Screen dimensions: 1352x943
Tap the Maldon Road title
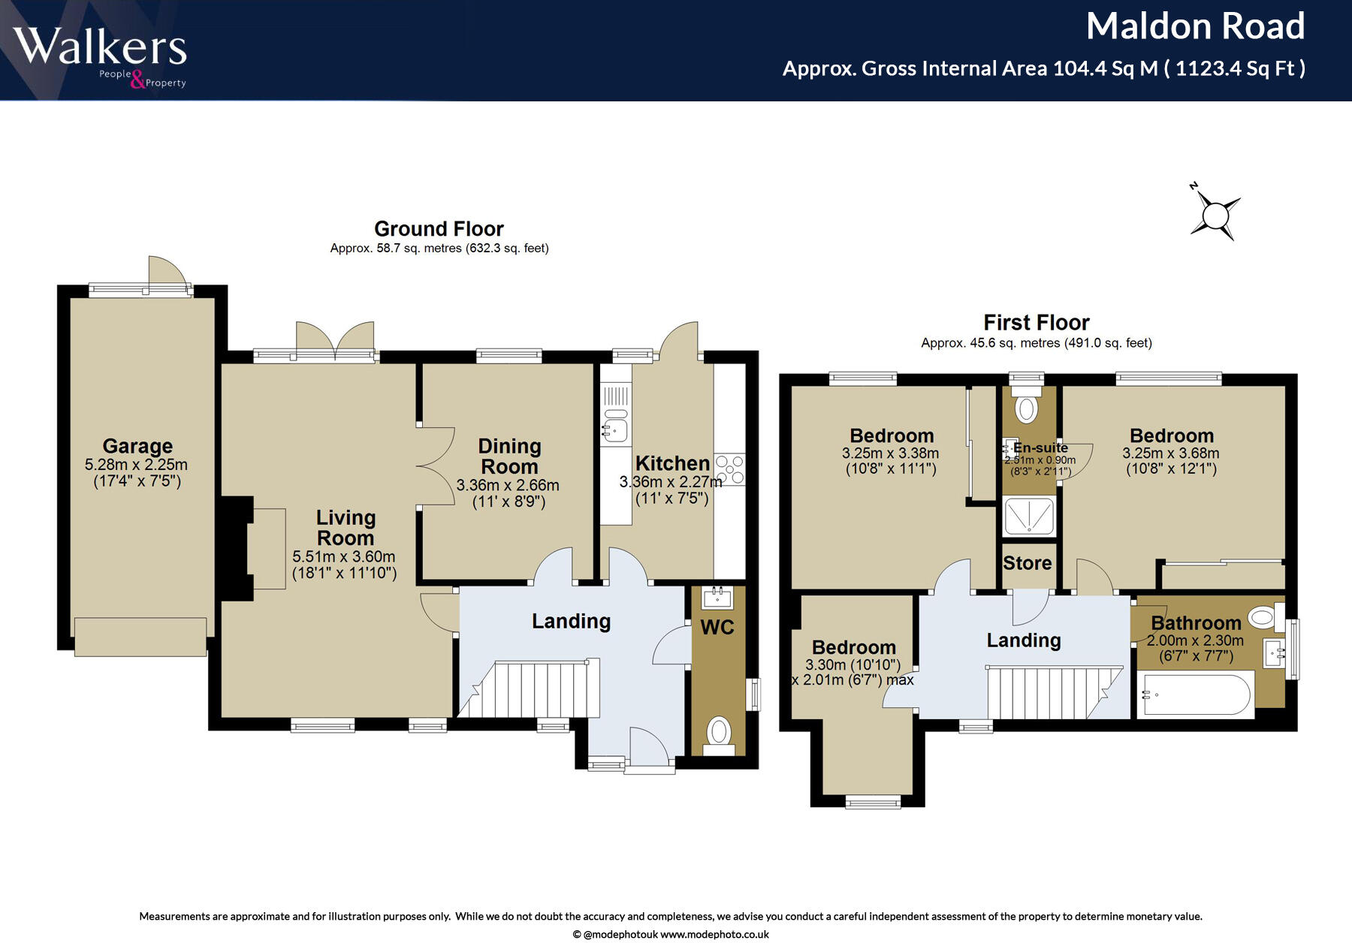coord(1195,26)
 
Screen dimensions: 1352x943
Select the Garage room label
coord(137,447)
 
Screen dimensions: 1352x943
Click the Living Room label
coord(346,528)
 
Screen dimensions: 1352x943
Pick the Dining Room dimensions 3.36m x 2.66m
coord(508,486)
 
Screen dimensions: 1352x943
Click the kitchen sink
coord(615,426)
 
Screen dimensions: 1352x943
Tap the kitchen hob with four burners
coord(729,469)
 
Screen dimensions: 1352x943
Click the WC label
coord(717,628)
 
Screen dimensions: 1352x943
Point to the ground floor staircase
coord(529,688)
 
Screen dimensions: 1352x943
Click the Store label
coord(1028,563)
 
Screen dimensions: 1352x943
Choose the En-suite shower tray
coord(1029,516)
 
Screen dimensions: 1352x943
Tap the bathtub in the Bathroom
coord(1196,694)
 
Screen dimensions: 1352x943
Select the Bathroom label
coord(1196,623)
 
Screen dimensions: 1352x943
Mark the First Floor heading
coord(1037,323)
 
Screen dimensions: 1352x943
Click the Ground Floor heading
coord(439,229)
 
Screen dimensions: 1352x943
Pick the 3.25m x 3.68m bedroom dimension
coord(1171,453)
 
